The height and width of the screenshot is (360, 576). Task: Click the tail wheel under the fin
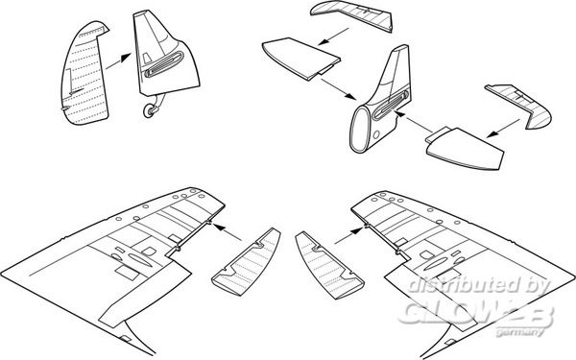point(150,110)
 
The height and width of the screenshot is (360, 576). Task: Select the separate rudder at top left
point(84,74)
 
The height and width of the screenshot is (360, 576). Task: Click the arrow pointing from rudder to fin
point(118,61)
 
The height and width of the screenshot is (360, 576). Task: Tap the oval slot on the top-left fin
point(164,64)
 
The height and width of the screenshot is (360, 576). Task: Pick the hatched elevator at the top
point(352,14)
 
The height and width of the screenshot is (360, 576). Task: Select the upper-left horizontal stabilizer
point(300,59)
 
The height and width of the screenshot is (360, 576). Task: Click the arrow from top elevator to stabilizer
point(333,36)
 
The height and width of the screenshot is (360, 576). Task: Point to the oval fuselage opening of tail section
point(358,130)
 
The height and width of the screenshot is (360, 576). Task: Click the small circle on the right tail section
point(376,135)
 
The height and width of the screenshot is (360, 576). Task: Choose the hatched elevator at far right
point(518,105)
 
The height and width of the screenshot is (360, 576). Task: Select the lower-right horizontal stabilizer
point(465,149)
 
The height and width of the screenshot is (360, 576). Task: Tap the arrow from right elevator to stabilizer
point(503,129)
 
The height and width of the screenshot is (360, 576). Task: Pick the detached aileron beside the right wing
point(329,265)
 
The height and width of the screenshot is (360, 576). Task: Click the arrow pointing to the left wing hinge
point(228,232)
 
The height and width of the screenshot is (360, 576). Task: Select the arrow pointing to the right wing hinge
point(348,235)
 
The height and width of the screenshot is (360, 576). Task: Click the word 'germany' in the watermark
point(519,332)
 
